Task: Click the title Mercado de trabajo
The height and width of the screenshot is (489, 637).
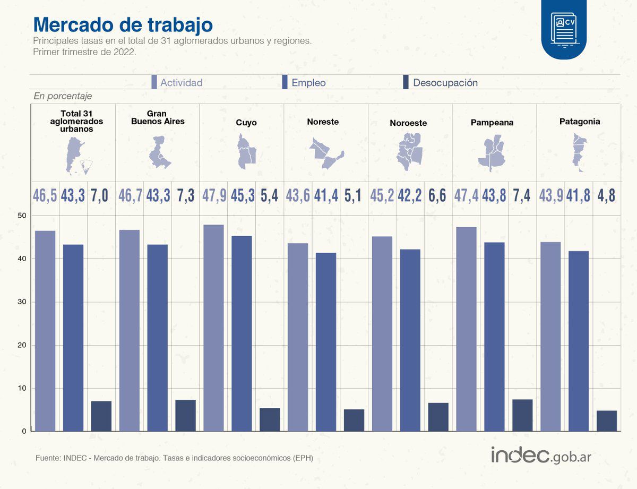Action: coord(123,24)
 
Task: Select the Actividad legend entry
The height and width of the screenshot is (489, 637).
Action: coord(177,83)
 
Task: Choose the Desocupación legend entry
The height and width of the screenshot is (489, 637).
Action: coord(441,83)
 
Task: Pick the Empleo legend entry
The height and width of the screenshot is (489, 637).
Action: coord(305,83)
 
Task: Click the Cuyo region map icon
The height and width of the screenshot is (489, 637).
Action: coord(246,151)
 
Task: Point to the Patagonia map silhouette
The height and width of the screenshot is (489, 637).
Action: coord(580,152)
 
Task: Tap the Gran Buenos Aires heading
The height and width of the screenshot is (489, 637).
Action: coord(158,118)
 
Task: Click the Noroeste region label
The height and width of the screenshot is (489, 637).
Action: coord(408,123)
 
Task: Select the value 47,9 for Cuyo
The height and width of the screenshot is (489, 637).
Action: coord(214,195)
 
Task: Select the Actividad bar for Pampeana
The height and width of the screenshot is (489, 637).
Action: coord(466,329)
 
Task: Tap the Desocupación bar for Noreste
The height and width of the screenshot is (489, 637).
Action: coord(354,420)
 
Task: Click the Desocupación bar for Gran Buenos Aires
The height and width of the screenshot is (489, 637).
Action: coord(186,415)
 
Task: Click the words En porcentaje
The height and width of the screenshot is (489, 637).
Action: coord(63,96)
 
